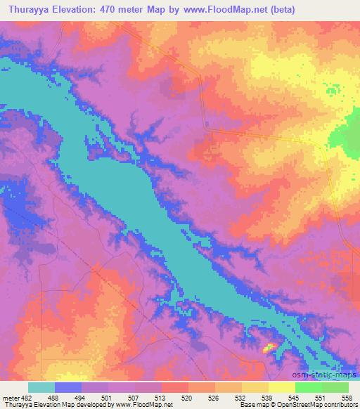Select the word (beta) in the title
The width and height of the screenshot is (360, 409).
[279, 9]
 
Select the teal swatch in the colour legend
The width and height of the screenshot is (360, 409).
[41, 387]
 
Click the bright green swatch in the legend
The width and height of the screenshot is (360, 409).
[309, 387]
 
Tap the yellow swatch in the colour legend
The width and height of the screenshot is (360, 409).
[282, 387]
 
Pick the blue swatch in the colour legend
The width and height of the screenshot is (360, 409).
[68, 387]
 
